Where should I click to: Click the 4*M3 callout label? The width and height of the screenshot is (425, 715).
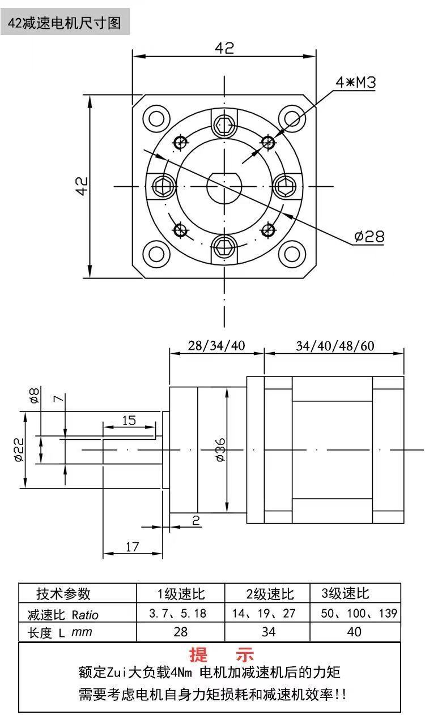click(355, 82)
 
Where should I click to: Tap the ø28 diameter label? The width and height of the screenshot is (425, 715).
click(369, 237)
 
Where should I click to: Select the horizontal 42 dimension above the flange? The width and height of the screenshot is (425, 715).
click(224, 48)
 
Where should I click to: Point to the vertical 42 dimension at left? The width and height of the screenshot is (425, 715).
click(82, 186)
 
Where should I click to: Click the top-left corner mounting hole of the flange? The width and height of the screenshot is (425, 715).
click(156, 119)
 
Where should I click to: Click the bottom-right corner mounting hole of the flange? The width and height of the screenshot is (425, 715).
click(292, 254)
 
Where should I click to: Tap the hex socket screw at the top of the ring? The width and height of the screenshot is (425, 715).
click(224, 125)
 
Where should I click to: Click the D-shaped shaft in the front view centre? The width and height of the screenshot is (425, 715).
click(224, 187)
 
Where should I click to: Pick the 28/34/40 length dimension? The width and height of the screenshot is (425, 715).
click(216, 346)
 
